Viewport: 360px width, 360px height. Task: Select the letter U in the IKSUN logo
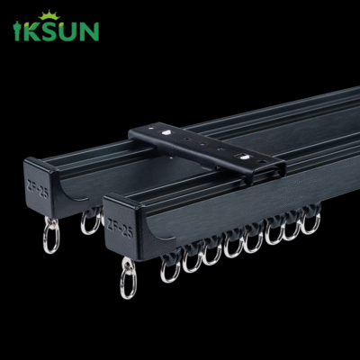click(69, 31)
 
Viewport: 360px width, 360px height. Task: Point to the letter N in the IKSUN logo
click(88, 31)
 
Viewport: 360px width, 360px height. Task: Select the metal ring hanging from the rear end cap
click(50, 238)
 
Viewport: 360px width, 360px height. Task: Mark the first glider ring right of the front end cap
click(169, 269)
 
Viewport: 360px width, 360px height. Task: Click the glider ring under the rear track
click(90, 221)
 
